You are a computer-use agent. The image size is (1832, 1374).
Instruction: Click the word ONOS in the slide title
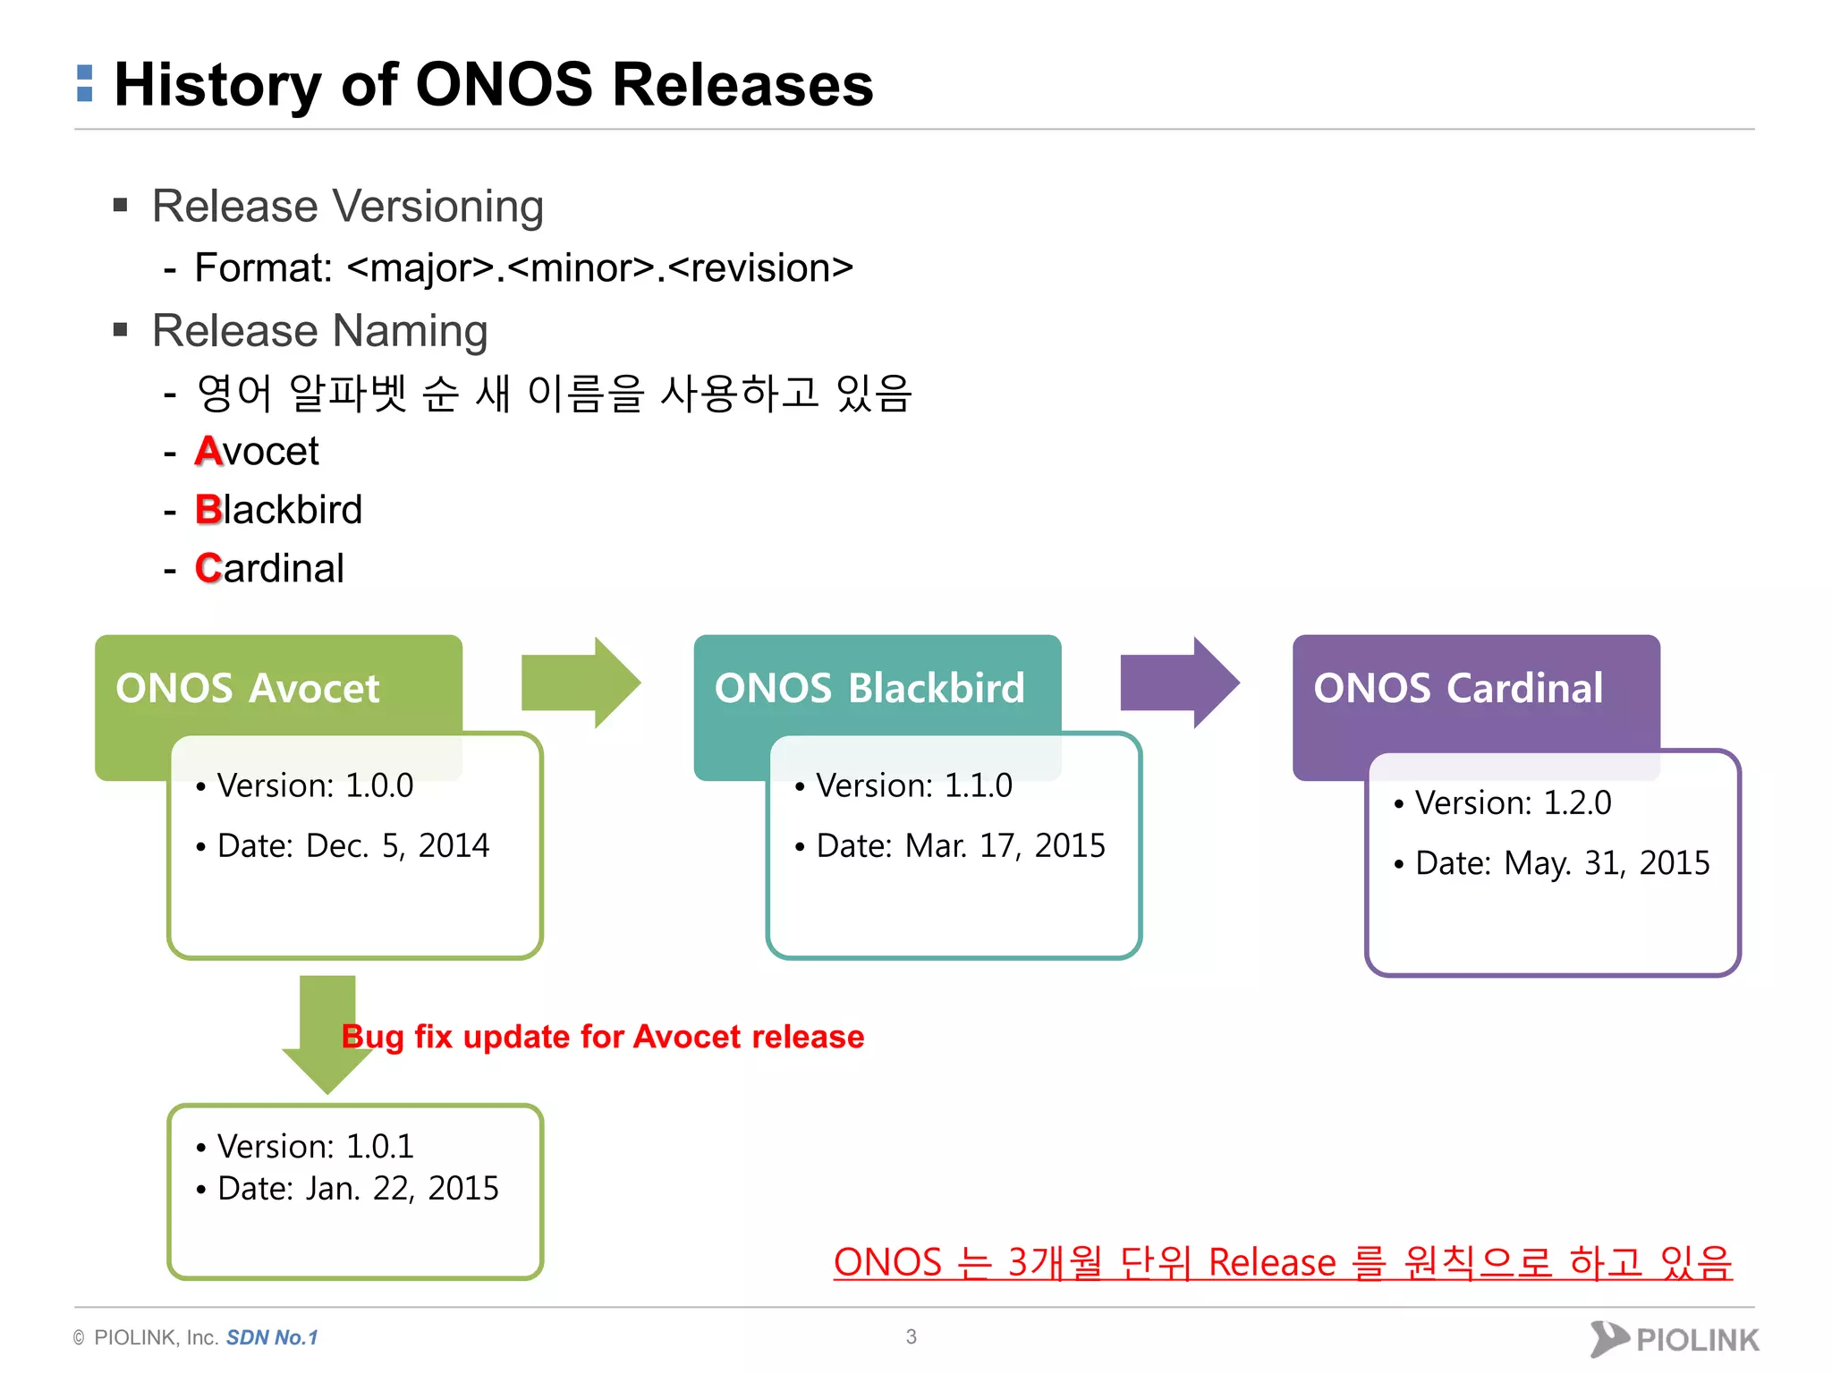click(504, 85)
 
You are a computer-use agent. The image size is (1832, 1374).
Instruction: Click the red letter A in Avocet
click(208, 451)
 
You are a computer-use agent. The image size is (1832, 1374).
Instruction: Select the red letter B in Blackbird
click(208, 510)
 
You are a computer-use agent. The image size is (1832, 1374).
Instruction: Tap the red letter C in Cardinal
click(208, 568)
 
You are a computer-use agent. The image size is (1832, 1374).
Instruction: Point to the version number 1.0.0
click(379, 785)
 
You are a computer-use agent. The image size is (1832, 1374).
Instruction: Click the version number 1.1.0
click(979, 785)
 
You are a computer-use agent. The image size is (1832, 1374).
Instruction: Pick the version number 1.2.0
click(1577, 803)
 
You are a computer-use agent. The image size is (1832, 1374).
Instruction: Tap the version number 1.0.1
click(379, 1146)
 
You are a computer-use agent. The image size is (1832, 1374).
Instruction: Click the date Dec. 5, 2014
click(397, 845)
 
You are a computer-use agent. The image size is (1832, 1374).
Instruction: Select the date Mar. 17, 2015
click(1005, 845)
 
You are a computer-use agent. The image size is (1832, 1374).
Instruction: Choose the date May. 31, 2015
click(1607, 863)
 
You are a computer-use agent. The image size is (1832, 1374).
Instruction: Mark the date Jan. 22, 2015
click(402, 1188)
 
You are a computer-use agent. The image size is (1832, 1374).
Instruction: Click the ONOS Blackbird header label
click(869, 688)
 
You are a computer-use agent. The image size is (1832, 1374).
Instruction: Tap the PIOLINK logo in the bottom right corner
click(1674, 1339)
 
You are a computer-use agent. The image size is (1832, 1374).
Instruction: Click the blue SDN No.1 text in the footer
click(272, 1337)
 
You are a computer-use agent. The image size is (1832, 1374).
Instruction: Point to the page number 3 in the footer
click(911, 1336)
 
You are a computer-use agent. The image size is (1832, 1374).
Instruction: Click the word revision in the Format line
click(759, 267)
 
